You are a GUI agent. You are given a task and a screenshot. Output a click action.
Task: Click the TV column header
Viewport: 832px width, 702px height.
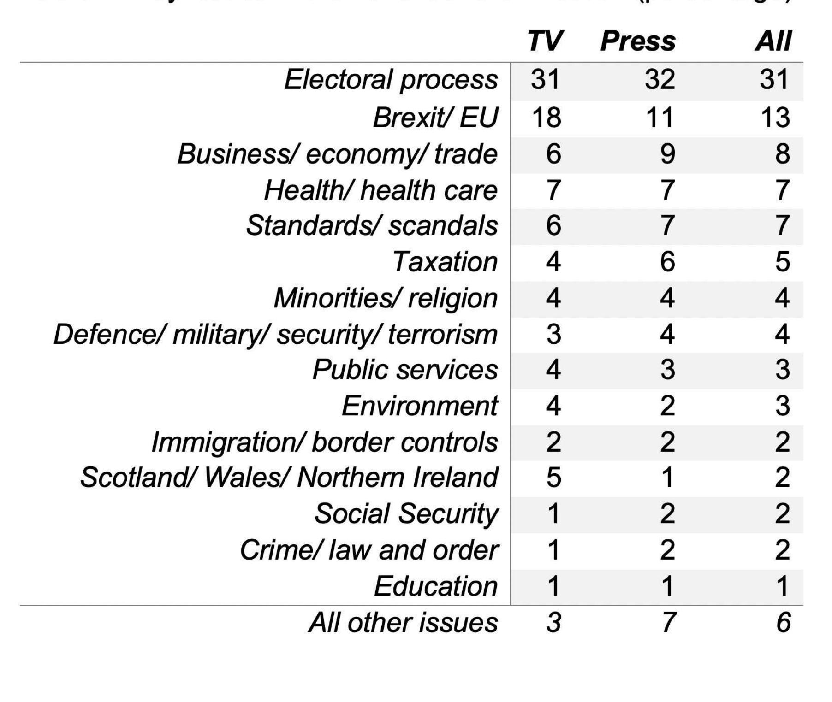(545, 41)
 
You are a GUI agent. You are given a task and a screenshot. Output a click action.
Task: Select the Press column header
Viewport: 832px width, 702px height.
(638, 41)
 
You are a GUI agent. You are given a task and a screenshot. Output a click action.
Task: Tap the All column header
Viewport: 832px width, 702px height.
(773, 41)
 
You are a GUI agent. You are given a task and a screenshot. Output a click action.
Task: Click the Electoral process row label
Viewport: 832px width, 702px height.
(391, 80)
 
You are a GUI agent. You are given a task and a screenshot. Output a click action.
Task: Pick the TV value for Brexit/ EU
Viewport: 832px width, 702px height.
(546, 117)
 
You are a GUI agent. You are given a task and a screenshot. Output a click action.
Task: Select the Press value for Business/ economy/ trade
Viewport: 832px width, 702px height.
(667, 153)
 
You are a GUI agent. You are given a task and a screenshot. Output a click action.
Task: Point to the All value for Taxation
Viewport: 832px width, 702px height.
(782, 262)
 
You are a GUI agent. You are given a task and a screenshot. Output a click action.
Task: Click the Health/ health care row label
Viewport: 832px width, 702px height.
(380, 190)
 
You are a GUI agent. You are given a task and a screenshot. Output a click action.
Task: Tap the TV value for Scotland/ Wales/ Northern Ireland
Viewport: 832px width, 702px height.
(553, 477)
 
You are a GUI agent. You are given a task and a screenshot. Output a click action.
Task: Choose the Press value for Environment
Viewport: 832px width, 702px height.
(667, 406)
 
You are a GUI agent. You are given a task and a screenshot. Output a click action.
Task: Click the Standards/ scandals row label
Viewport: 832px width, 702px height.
(372, 226)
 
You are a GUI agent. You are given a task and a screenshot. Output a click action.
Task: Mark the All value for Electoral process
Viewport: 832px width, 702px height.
(774, 80)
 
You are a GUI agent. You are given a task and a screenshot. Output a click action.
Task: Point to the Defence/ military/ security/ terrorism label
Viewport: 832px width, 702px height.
(275, 334)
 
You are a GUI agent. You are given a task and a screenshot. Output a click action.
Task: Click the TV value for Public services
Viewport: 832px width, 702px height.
(553, 370)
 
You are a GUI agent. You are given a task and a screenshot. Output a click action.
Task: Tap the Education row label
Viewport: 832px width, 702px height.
(435, 586)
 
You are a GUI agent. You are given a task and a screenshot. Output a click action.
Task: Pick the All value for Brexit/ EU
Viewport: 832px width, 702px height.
(774, 117)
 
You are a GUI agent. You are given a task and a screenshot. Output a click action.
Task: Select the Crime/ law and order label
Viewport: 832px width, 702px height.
(368, 550)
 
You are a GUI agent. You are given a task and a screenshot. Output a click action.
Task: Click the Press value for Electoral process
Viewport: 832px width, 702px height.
(660, 80)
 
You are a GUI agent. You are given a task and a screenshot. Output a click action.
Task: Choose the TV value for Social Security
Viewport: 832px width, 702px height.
(553, 513)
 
